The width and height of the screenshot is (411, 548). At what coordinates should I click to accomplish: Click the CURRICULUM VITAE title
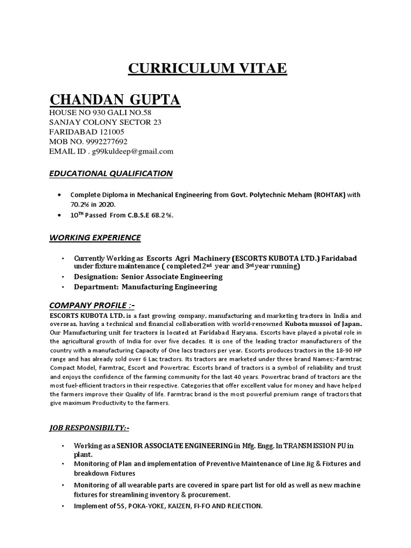tap(207, 68)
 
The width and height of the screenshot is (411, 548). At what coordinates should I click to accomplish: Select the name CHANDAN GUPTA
tap(115, 100)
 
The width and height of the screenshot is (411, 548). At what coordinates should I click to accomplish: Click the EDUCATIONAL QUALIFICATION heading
tap(111, 173)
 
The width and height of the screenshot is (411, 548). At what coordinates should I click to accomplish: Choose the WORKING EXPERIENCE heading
tap(95, 237)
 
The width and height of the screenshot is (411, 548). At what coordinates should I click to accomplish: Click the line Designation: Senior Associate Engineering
tap(148, 277)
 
